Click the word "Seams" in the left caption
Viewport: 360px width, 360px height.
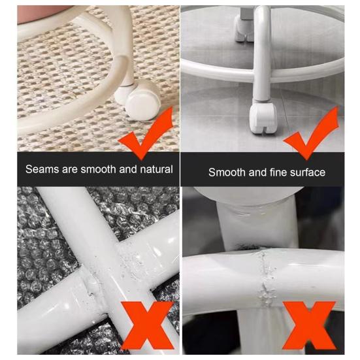point(42,169)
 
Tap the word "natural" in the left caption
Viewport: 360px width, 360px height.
point(156,169)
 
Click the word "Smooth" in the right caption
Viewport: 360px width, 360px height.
point(227,172)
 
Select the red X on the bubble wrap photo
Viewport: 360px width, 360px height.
point(147,325)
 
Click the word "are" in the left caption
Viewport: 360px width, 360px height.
point(70,170)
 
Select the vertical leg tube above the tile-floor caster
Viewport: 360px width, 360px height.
point(262,53)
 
